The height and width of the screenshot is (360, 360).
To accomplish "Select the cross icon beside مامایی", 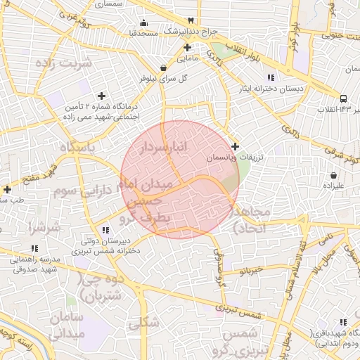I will click(187, 48).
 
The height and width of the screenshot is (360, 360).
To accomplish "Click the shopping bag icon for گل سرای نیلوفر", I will click(164, 68).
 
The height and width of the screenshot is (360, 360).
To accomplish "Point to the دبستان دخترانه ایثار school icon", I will click(271, 77).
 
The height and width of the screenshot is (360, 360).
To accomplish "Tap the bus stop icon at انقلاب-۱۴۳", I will click(343, 99).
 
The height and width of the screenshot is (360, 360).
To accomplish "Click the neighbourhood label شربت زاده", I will click(63, 63).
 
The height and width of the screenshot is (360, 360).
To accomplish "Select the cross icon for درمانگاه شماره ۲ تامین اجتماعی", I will click(101, 95).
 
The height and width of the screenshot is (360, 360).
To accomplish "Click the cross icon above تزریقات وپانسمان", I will click(235, 146).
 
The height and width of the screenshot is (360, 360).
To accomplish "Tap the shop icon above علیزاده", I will click(333, 174).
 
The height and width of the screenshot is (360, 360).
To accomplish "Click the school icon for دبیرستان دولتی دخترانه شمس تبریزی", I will click(105, 229).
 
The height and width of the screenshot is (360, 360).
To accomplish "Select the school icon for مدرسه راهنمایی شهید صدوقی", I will click(34, 248).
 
